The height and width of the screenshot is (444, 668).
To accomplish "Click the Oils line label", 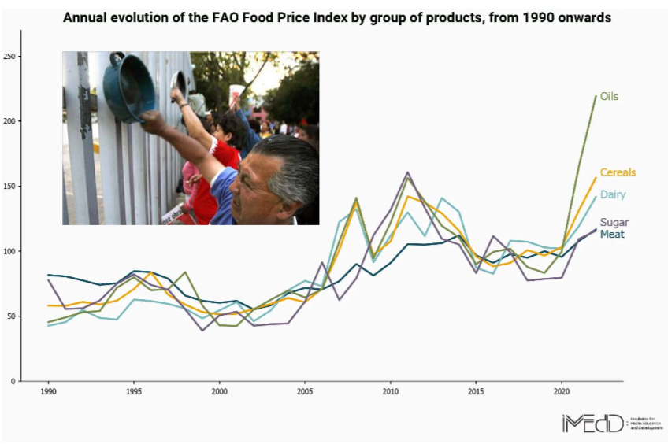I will point(609,97).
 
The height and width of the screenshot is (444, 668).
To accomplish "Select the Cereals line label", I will point(618,172).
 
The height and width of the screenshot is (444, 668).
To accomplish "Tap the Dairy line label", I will point(612,194).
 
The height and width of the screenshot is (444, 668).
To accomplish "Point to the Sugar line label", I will point(614,223).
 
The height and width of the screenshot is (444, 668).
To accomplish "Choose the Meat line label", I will point(612,235).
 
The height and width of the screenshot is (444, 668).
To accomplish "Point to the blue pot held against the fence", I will point(128,87).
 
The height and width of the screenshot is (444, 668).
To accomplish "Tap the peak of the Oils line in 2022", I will point(596,96).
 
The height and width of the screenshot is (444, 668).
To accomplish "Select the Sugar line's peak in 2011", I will point(408,172).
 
